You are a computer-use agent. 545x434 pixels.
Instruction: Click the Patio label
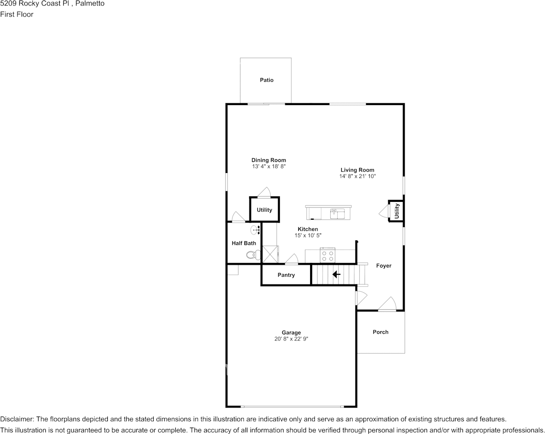(267, 80)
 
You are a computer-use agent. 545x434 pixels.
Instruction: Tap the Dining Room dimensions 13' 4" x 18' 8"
(269, 167)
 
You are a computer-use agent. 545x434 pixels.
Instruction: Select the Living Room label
(357, 170)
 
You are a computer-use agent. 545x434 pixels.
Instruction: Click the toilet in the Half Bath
(251, 255)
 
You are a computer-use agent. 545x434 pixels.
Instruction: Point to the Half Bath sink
(255, 229)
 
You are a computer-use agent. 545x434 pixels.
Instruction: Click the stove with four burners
(328, 255)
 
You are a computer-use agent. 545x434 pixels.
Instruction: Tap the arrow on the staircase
(336, 274)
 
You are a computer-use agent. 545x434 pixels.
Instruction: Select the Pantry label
(286, 275)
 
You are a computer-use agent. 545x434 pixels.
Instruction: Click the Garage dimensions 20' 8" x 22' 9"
(291, 339)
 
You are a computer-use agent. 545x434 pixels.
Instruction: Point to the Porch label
(380, 332)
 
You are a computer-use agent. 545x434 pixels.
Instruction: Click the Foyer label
(384, 266)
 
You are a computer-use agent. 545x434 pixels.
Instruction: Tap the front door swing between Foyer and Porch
(388, 304)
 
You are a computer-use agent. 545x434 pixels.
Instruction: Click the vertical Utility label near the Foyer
(397, 211)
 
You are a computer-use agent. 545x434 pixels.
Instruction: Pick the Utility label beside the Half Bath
(264, 210)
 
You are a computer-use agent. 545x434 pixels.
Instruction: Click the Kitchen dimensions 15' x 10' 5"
(308, 235)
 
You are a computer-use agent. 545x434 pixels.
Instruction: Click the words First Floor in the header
(17, 14)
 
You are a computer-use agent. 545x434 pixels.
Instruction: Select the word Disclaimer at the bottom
(17, 419)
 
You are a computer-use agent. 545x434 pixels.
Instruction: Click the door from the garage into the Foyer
(361, 298)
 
